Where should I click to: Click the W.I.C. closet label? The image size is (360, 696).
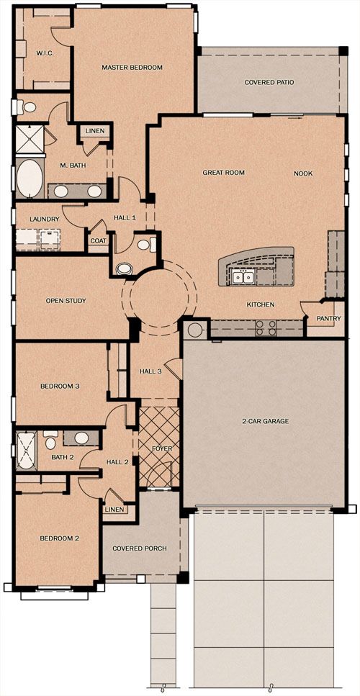45,53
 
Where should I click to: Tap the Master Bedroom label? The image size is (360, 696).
132,68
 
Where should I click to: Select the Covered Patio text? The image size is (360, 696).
269,83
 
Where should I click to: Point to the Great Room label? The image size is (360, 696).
224,173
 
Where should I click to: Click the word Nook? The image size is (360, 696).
303,173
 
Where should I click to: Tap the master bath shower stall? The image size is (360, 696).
30,140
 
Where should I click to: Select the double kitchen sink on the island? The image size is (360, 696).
243,277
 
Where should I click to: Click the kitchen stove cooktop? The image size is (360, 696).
266,328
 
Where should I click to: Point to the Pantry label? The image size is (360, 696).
328,318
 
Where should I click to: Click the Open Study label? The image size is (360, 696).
66,301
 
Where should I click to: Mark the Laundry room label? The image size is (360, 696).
45,219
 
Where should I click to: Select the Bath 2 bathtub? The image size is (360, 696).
27,451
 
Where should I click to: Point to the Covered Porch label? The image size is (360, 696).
140,548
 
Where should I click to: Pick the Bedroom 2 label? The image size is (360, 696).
60,538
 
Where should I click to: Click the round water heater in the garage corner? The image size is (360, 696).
194,330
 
